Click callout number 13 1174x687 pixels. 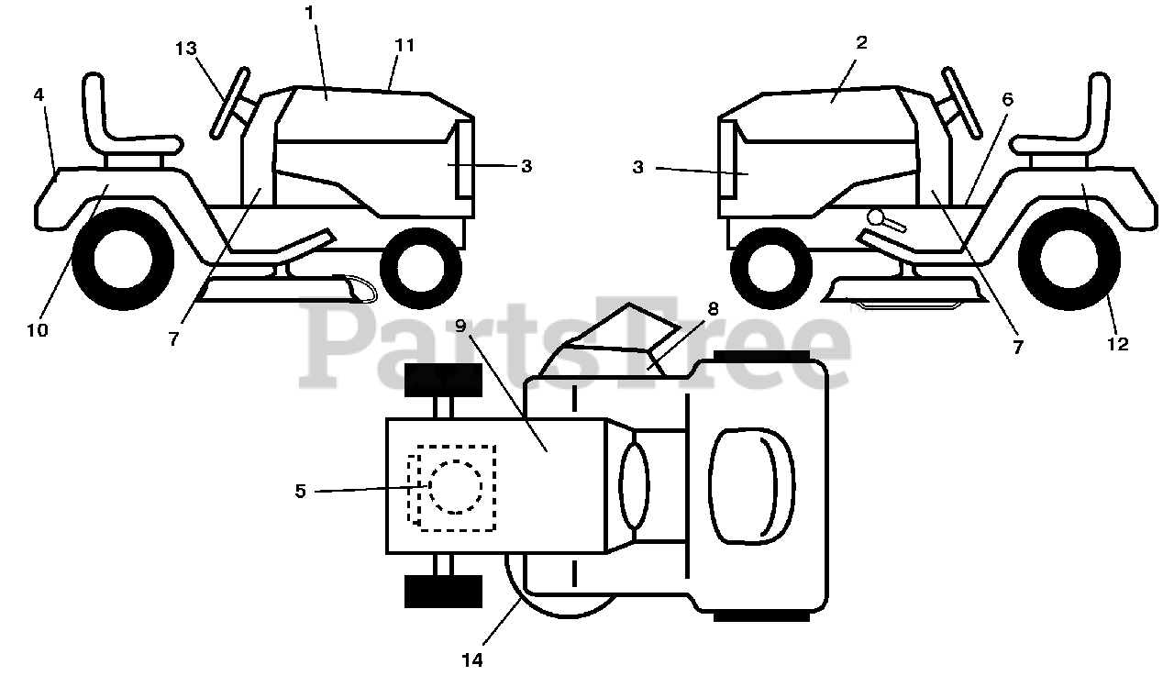coord(185,49)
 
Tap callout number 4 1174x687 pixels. coord(39,94)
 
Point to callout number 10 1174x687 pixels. coord(37,330)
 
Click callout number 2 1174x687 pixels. coord(860,43)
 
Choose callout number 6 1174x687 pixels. coord(1007,100)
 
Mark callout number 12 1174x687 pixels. coord(1117,344)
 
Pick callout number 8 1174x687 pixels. coord(713,309)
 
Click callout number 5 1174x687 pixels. coord(300,491)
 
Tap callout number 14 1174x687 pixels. coord(473,659)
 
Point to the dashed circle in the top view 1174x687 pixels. coord(455,487)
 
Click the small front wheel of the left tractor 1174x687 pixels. coord(420,267)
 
